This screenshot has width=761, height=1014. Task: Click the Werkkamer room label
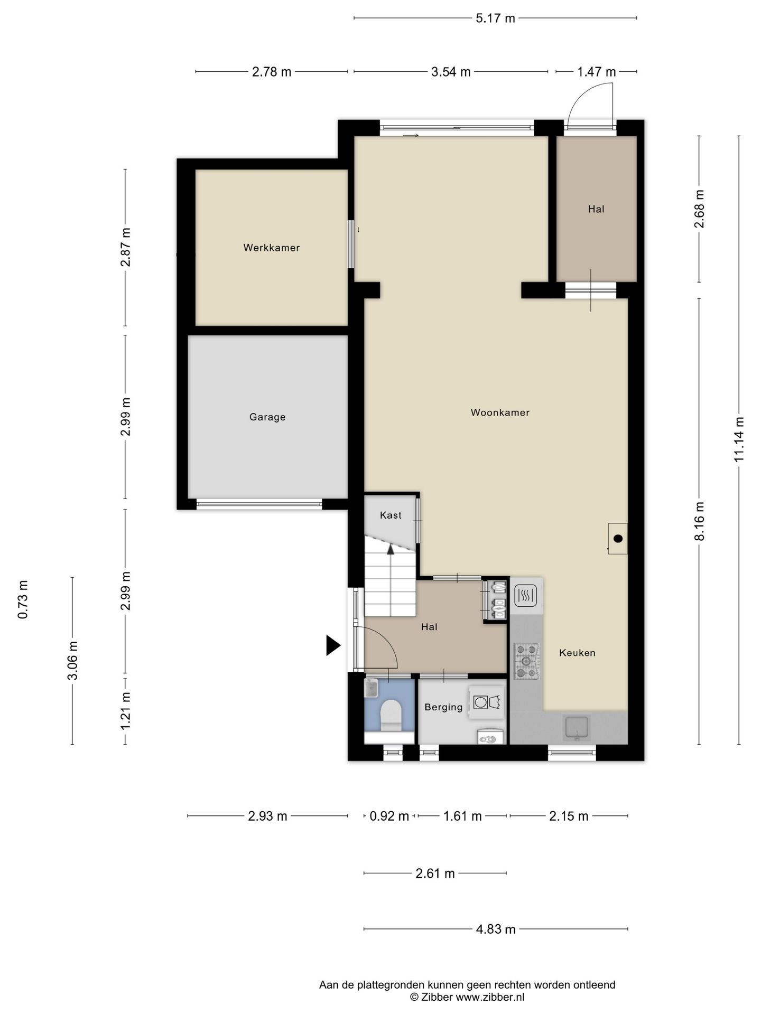click(271, 248)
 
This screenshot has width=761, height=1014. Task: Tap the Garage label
click(267, 417)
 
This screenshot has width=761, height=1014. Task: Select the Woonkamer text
click(500, 412)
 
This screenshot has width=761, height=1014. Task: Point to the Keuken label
click(577, 653)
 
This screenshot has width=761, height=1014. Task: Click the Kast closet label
click(391, 515)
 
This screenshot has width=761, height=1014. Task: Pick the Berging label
click(443, 707)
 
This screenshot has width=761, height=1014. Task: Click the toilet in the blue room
click(391, 716)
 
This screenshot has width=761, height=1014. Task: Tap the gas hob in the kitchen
click(527, 661)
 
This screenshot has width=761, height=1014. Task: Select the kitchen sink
click(577, 727)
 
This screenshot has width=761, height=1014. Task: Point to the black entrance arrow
click(333, 645)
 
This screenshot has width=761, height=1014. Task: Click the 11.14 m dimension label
click(739, 439)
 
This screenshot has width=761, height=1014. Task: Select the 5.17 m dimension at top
click(495, 18)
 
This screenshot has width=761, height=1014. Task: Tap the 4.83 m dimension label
click(496, 929)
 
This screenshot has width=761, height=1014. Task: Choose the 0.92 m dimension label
click(389, 816)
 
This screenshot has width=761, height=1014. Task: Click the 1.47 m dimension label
click(596, 72)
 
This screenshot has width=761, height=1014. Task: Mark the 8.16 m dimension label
click(699, 521)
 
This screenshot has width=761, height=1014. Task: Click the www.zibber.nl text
click(490, 997)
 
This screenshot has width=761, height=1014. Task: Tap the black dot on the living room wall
click(618, 539)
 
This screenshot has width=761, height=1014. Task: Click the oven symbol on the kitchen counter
click(526, 596)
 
